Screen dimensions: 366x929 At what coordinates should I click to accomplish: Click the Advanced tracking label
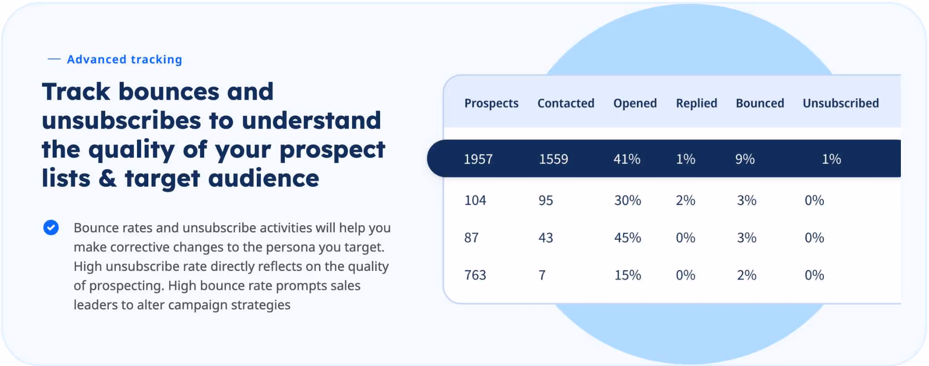click(124, 59)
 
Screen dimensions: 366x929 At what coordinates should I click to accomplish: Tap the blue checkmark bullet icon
click(51, 227)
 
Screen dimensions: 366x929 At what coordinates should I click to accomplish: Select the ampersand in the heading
click(108, 178)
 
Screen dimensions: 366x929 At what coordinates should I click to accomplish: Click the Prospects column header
click(491, 104)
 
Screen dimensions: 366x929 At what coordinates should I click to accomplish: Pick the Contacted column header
click(566, 103)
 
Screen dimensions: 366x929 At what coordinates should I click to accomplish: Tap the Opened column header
click(635, 104)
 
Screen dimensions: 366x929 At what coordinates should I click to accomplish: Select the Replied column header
click(696, 103)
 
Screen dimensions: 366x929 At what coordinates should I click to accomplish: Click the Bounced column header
click(760, 103)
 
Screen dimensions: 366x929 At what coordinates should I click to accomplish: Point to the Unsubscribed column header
click(841, 103)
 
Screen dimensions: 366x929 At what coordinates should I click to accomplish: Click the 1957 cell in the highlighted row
click(478, 159)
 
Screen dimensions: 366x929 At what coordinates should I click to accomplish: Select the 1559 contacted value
click(553, 159)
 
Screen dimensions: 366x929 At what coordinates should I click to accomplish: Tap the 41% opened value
click(627, 159)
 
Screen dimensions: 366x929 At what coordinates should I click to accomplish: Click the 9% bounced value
click(745, 159)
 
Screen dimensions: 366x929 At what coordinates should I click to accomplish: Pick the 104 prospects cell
click(475, 200)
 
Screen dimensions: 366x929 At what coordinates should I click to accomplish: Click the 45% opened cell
click(627, 238)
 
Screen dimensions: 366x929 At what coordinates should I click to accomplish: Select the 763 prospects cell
click(475, 275)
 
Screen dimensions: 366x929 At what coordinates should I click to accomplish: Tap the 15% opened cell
click(627, 275)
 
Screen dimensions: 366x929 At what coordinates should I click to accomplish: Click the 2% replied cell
click(685, 200)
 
